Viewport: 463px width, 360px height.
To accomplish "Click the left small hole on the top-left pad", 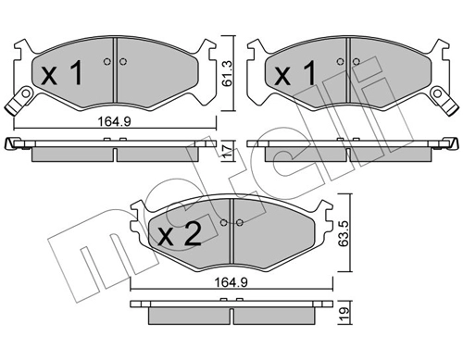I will [x=107, y=63].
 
